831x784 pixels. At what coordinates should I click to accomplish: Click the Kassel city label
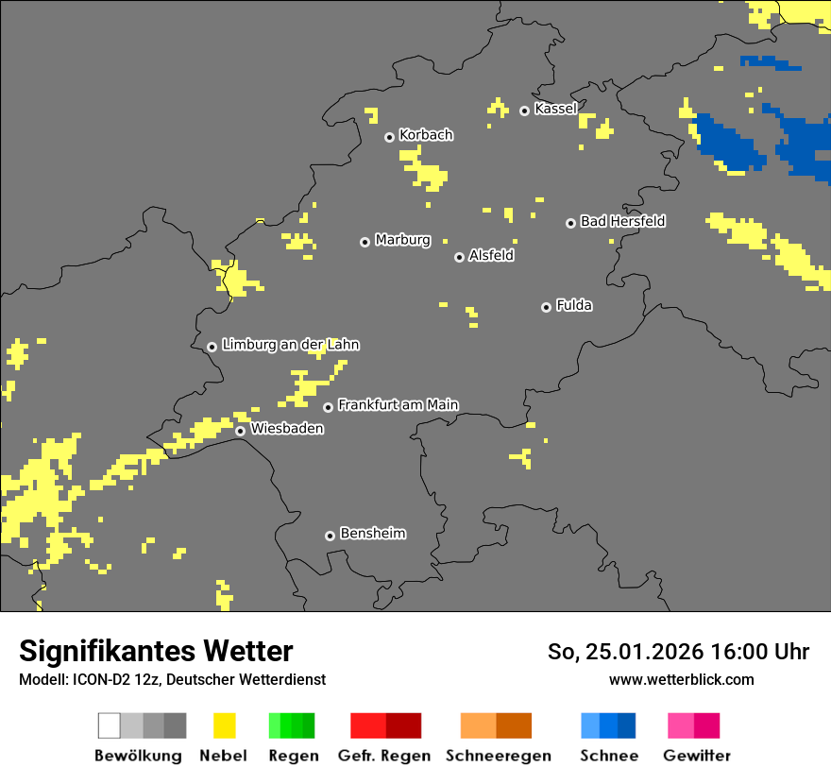point(555,109)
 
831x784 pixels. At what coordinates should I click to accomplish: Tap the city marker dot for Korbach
point(389,137)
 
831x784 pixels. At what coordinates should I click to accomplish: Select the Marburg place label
point(402,240)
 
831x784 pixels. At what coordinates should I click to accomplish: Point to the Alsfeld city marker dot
point(459,257)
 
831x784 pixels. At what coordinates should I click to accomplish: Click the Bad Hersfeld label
point(622,221)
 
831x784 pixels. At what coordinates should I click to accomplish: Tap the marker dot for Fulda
point(546,307)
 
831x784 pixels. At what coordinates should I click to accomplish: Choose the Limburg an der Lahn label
point(290,345)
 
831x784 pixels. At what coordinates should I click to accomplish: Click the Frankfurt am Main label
point(398,405)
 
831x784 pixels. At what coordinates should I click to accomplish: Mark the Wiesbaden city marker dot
point(241,431)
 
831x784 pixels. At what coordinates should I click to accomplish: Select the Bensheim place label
point(372,534)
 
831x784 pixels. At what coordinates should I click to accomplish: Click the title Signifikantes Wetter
point(156,651)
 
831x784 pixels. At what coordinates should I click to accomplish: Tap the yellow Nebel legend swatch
point(224,725)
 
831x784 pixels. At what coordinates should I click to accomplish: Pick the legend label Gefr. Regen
point(384,756)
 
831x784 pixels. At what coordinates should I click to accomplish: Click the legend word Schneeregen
point(499,756)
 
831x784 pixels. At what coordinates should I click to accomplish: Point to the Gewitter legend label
point(697,756)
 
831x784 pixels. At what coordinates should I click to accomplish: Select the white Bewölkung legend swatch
point(110,725)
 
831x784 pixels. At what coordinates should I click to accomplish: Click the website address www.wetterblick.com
point(681,679)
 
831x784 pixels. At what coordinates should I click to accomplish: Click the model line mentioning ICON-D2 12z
point(172,679)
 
